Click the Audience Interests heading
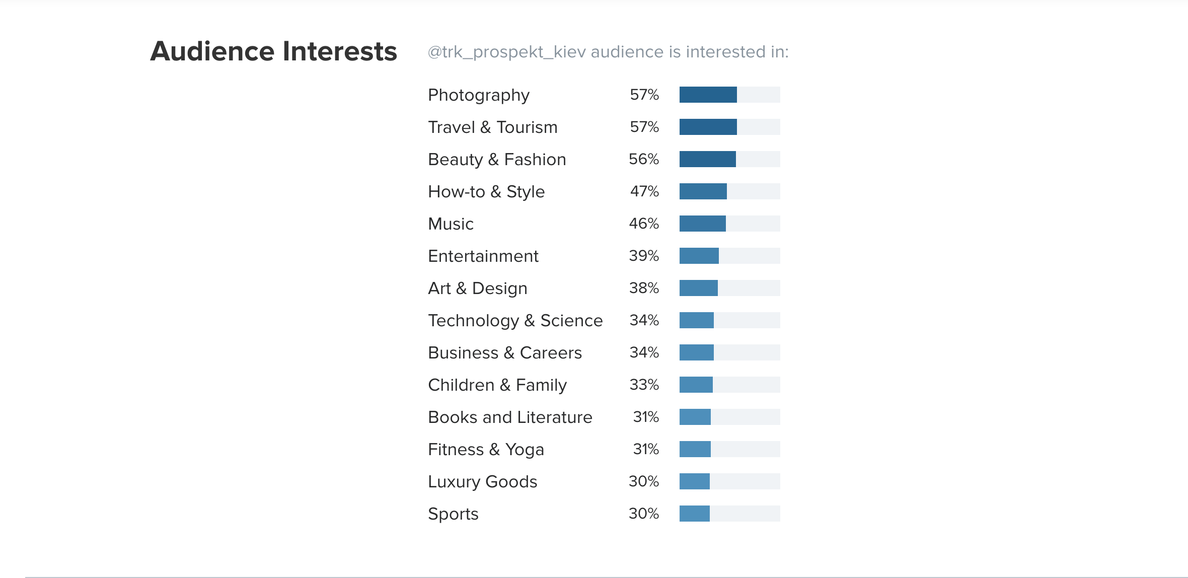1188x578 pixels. [273, 51]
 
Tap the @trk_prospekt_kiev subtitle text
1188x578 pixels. [608, 52]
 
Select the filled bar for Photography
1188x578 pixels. [708, 95]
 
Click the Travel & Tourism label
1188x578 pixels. [492, 127]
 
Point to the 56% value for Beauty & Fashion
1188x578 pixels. [643, 159]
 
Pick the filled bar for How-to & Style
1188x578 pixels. [703, 191]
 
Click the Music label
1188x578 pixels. [451, 224]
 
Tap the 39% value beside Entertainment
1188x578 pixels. [643, 256]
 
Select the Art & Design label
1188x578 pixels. [477, 288]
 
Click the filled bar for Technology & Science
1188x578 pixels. [696, 320]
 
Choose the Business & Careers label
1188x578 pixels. [504, 353]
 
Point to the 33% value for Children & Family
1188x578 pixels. [644, 385]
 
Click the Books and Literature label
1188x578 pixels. [510, 417]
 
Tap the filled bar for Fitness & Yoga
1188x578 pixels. [695, 449]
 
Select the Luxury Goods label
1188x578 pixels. [482, 482]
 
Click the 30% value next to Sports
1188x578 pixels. [643, 514]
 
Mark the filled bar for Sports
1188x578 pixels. [694, 514]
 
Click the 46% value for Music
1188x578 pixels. [643, 224]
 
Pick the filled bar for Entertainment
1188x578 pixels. [699, 256]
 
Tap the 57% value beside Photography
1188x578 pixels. [644, 95]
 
